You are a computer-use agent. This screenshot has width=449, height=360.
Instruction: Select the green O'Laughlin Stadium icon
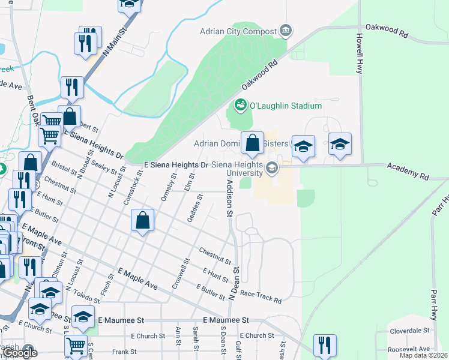coord(241,106)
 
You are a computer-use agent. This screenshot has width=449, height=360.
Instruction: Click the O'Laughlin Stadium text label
coord(286,106)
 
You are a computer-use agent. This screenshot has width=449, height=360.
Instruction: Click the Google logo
coord(20,353)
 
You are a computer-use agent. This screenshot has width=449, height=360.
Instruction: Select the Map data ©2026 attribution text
coord(423,355)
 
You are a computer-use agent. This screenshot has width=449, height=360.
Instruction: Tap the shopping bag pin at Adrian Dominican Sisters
coord(253,143)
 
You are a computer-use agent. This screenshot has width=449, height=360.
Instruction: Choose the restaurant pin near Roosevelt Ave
coord(325,344)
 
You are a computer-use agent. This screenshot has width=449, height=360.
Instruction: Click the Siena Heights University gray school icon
coord(272,169)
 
